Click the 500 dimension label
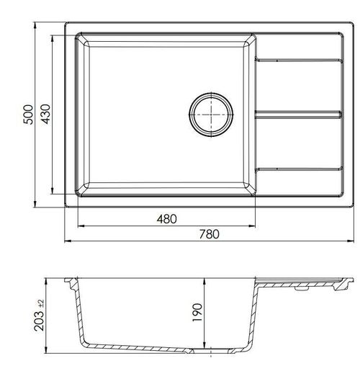(28, 115)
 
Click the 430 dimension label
(45, 114)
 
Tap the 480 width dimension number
(167, 219)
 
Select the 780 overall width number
(209, 234)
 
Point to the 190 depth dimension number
(197, 313)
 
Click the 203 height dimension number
(39, 321)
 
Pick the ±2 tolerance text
(41, 303)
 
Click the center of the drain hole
(211, 115)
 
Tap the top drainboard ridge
(299, 60)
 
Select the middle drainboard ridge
(298, 115)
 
